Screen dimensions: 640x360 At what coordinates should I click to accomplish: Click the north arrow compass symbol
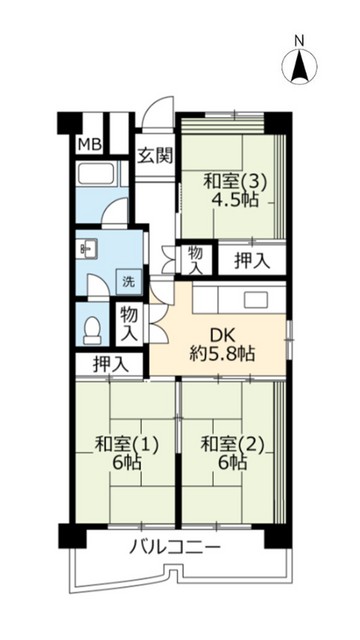point(299,67)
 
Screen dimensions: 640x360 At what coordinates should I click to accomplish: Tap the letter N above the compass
point(299,41)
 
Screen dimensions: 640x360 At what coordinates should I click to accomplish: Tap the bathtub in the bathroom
point(99,180)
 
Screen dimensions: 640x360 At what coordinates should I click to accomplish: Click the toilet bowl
point(92,327)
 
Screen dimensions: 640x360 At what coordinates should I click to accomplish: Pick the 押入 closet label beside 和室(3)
point(251,261)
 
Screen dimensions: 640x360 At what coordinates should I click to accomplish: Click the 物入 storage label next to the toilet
point(130,322)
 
